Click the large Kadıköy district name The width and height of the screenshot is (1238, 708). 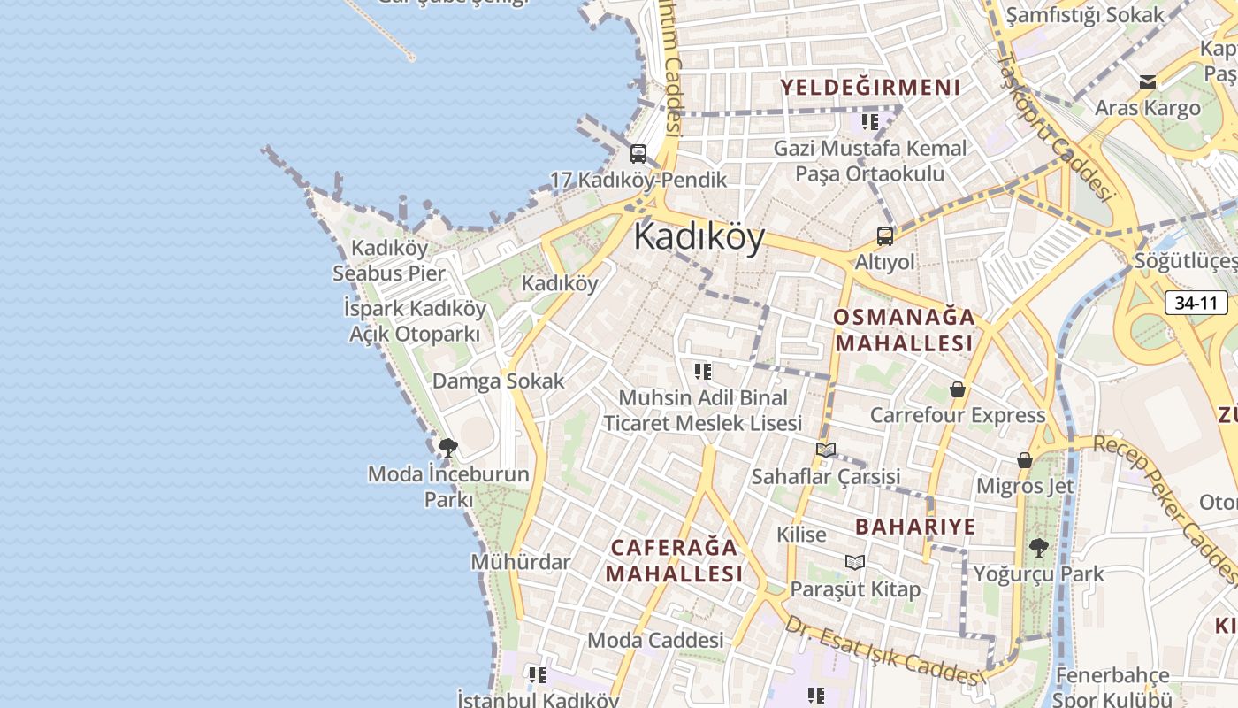[x=699, y=237]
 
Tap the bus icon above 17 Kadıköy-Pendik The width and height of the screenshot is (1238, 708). [x=638, y=154]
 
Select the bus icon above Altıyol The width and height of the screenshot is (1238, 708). [x=885, y=236]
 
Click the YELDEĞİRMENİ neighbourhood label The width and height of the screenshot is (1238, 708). [x=870, y=87]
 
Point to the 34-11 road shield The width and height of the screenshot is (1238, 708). [x=1196, y=303]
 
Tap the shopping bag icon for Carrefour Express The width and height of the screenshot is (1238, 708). [x=957, y=389]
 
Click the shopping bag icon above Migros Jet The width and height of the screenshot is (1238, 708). [x=1024, y=460]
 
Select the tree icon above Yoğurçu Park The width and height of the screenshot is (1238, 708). [x=1039, y=548]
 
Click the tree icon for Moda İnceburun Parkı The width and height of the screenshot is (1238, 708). [x=448, y=448]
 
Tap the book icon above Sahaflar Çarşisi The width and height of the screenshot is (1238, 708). [x=826, y=450]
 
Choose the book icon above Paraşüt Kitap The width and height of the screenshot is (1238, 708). [x=854, y=563]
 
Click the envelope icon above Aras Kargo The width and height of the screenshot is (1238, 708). [x=1148, y=82]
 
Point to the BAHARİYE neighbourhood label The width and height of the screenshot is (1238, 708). [x=915, y=527]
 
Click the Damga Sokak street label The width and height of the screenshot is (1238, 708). [x=498, y=381]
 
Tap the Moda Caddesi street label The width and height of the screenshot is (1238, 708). [x=655, y=640]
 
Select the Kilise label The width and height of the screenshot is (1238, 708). [x=801, y=535]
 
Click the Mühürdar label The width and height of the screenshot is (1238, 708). [x=521, y=562]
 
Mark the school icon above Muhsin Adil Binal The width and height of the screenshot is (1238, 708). [x=703, y=372]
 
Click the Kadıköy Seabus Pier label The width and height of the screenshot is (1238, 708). [x=389, y=260]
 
